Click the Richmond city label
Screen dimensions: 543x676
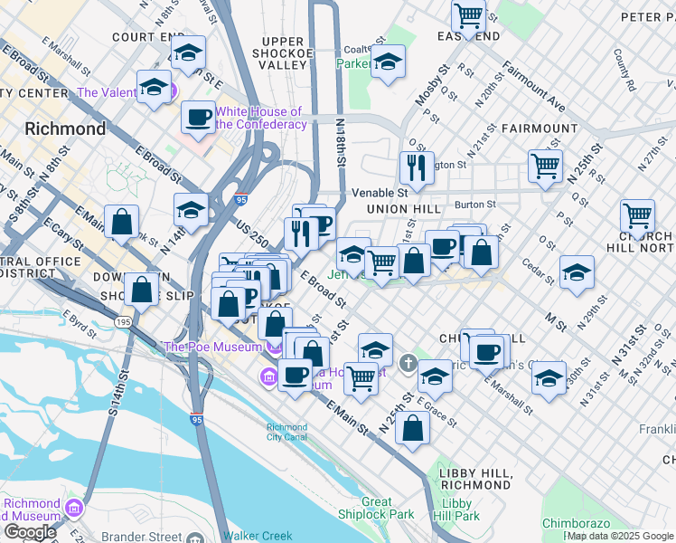click(65, 129)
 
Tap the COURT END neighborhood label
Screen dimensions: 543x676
click(148, 37)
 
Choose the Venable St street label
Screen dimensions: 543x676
click(380, 192)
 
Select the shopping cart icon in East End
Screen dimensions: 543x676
click(468, 15)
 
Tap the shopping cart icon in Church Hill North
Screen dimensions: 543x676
click(638, 216)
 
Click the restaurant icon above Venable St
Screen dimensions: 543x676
click(417, 167)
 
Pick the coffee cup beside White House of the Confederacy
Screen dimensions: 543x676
click(197, 116)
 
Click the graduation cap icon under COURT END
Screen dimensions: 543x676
click(188, 52)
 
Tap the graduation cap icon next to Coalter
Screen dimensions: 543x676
click(388, 62)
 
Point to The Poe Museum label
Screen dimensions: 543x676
click(212, 347)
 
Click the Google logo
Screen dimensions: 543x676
click(30, 531)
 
